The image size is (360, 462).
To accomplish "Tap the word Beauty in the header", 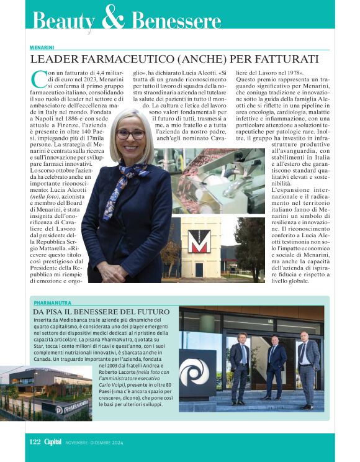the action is [x=64, y=21].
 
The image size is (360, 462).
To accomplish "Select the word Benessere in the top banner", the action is [x=176, y=22].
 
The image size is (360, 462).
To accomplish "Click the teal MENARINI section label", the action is [x=42, y=47].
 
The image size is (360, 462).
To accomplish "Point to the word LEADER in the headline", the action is [x=55, y=60].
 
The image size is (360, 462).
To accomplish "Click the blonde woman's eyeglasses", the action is [x=130, y=134].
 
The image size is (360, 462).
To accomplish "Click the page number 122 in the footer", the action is [x=35, y=442].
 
